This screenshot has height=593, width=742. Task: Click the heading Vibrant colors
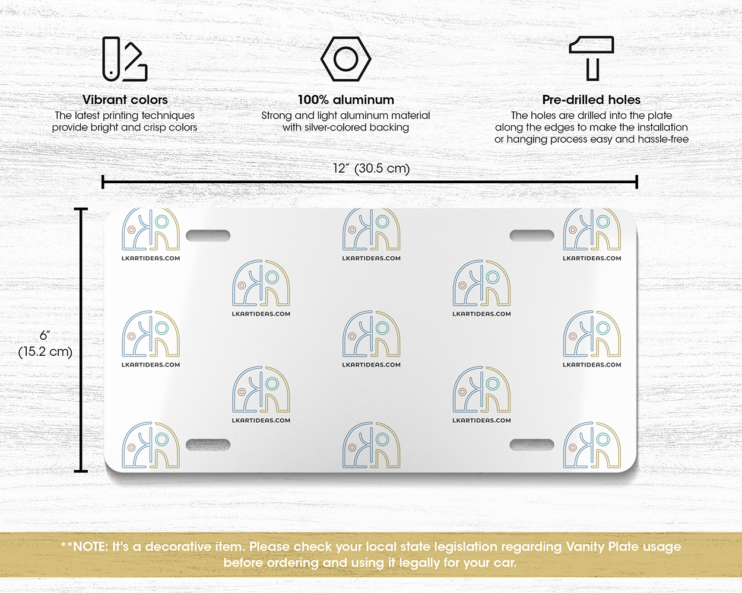tap(125, 100)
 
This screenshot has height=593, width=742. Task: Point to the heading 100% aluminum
tap(346, 100)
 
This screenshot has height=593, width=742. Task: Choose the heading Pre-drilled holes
tap(591, 100)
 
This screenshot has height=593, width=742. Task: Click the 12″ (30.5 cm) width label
tap(372, 168)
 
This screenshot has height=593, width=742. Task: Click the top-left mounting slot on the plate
tap(208, 235)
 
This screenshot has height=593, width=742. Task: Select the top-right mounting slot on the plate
tap(532, 235)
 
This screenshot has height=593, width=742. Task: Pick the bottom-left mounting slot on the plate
tap(208, 445)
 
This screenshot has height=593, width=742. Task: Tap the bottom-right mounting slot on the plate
tap(532, 445)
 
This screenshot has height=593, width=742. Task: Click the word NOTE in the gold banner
tap(90, 547)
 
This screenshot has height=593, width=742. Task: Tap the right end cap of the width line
tap(636, 181)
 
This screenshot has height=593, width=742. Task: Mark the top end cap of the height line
tap(81, 209)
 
